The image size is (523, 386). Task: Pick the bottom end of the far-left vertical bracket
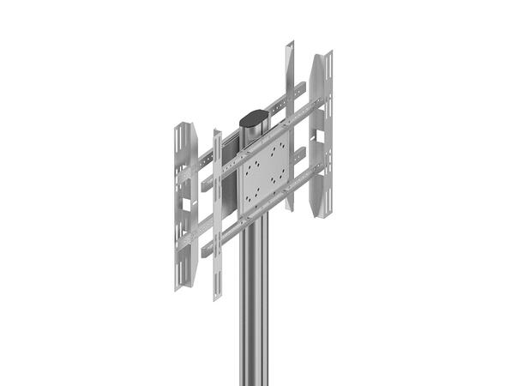pos(179,288)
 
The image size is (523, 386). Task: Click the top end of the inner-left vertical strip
pos(217,133)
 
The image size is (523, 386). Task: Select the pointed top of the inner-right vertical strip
pos(289,41)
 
